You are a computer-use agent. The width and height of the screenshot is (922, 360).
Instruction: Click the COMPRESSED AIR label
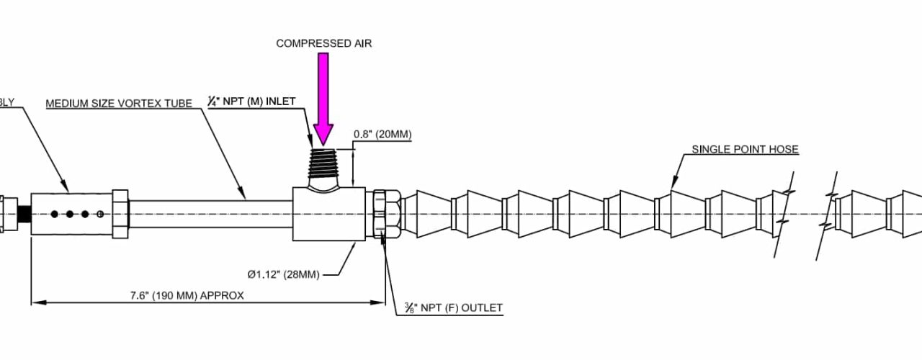[x=323, y=44]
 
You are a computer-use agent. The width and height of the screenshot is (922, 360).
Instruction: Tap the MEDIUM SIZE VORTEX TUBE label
[x=119, y=104]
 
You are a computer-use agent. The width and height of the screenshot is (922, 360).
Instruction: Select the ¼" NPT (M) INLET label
[x=251, y=102]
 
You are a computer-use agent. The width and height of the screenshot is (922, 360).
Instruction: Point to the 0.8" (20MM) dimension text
[x=382, y=135]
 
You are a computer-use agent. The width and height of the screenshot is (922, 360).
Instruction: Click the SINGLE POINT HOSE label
[x=745, y=150]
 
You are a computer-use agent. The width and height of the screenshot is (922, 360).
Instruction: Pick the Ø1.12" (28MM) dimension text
[x=282, y=274]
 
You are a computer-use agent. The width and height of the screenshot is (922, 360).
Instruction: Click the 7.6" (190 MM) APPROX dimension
[x=187, y=295]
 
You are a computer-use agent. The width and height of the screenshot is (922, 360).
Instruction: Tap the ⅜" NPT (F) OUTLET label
[x=453, y=308]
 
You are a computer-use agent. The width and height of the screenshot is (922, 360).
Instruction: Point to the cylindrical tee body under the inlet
[x=328, y=215]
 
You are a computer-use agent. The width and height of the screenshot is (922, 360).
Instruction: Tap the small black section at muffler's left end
[x=23, y=214]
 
